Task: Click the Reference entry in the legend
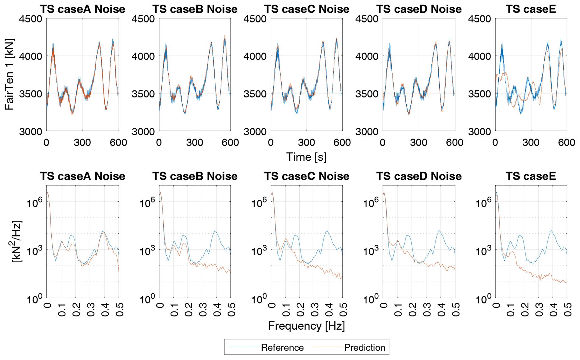pos(282,348)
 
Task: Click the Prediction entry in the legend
pos(364,348)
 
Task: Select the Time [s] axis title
pos(306,157)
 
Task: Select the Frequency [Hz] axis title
pos(306,326)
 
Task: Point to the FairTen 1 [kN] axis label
pos(9,74)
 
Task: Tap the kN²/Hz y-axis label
pos(17,241)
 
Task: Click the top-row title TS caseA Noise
pos(82,9)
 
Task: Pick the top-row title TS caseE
pos(531,9)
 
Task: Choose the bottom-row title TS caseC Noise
pos(307,176)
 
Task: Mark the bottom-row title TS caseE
pos(531,176)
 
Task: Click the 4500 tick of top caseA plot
pos(31,19)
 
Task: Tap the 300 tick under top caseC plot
pos(306,143)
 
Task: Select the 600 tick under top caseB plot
pos(230,143)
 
